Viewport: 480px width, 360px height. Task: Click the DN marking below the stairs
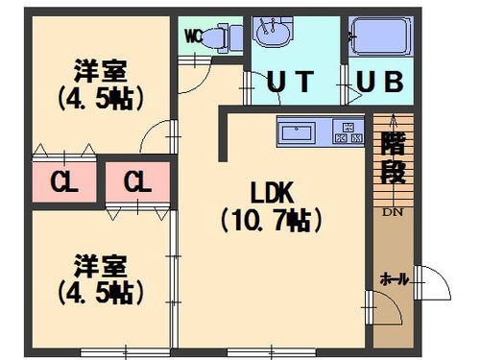tap(393, 211)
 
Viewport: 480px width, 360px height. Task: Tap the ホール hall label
tap(394, 279)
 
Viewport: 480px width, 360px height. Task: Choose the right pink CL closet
tap(136, 180)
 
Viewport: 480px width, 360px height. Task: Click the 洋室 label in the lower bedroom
tap(100, 262)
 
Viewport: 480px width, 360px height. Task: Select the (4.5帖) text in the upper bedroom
tap(100, 98)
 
